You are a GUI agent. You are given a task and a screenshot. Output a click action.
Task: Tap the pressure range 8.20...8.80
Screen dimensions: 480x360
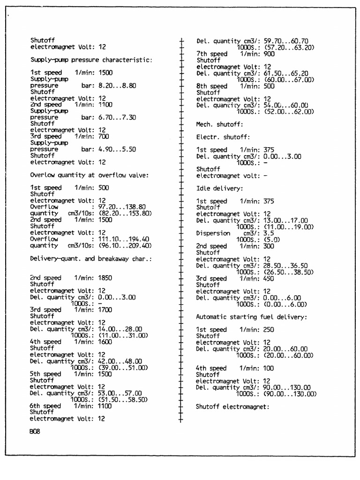point(117,86)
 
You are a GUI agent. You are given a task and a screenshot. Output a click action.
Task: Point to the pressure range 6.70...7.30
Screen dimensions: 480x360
point(117,118)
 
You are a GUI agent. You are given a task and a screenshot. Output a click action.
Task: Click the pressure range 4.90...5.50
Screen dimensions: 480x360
point(117,150)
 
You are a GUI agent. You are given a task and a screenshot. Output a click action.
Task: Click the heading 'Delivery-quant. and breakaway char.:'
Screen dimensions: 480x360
point(91,258)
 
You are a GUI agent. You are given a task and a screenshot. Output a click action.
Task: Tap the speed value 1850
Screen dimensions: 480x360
point(105,277)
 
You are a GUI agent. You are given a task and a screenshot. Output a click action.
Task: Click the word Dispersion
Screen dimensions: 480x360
point(213,233)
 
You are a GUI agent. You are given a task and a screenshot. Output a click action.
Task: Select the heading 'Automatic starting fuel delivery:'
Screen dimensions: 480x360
point(251,317)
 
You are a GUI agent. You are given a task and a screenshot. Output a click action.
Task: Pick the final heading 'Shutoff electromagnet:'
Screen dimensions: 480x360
point(232,407)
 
